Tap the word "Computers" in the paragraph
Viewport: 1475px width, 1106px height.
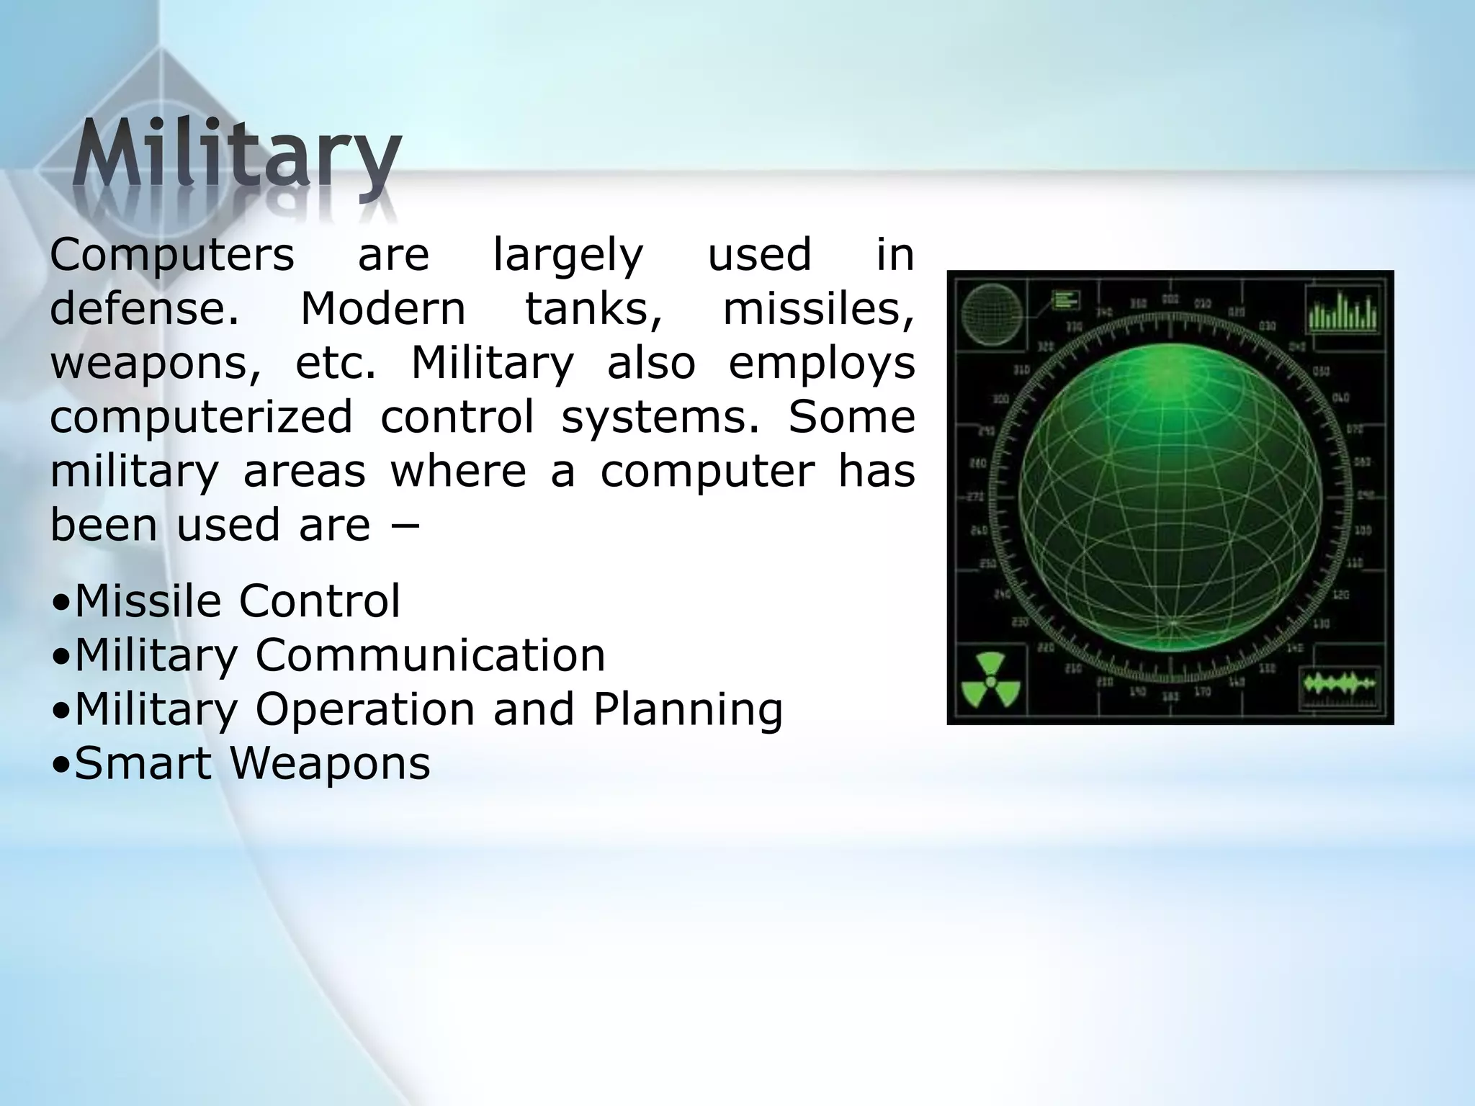[172, 255]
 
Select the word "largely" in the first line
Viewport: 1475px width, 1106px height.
[568, 256]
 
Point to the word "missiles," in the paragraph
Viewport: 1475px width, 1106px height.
[818, 310]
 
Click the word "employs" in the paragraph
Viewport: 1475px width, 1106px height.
[822, 364]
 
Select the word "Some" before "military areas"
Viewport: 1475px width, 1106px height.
[851, 417]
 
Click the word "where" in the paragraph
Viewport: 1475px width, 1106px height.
[458, 472]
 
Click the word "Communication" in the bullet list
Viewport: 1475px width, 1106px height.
[430, 655]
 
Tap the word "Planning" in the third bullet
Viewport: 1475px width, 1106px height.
[688, 710]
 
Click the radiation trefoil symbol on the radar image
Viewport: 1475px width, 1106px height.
[991, 680]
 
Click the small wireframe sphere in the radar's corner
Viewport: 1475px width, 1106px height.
[992, 312]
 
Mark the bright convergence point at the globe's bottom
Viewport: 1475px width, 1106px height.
[1173, 621]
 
